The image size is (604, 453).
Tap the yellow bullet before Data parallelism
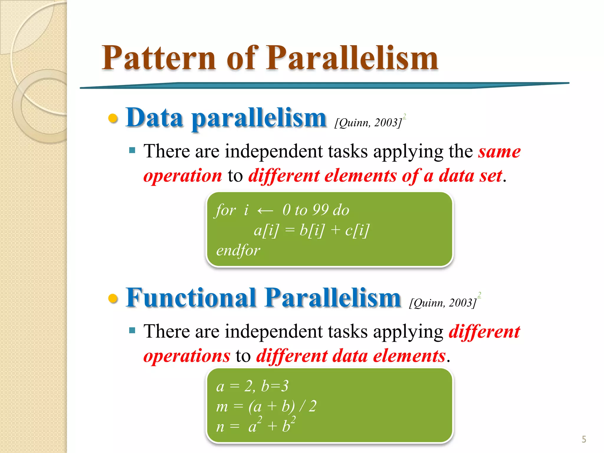(x=113, y=119)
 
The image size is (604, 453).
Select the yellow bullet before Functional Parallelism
(x=113, y=298)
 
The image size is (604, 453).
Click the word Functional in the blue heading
(x=191, y=298)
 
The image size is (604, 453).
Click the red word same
(x=499, y=152)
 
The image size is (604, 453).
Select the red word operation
(x=183, y=176)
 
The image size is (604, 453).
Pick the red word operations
(x=187, y=356)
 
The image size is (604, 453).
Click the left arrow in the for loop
(x=265, y=211)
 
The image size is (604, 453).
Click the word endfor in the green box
(x=238, y=250)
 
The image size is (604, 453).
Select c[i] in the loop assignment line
(x=357, y=230)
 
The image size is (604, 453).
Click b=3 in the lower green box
(x=275, y=386)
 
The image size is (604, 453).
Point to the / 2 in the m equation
(x=308, y=406)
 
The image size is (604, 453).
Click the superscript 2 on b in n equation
(x=293, y=420)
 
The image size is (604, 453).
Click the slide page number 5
(x=584, y=439)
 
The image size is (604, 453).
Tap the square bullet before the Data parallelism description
(x=132, y=151)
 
